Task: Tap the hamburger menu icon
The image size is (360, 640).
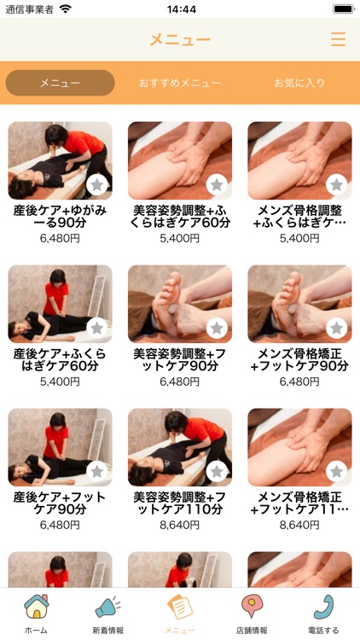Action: pyautogui.click(x=338, y=39)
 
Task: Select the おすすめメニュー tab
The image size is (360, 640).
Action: pyautogui.click(x=180, y=83)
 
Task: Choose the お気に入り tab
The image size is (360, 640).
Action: pyautogui.click(x=299, y=83)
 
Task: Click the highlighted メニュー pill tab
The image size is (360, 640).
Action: pyautogui.click(x=60, y=83)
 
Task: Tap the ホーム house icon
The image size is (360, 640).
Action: pyautogui.click(x=37, y=607)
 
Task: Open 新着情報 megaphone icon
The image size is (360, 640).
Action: pyautogui.click(x=107, y=608)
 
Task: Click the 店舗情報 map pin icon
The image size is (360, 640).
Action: pyautogui.click(x=252, y=606)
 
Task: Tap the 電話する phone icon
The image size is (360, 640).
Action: pyautogui.click(x=323, y=607)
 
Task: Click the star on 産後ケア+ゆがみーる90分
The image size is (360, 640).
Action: pyautogui.click(x=97, y=185)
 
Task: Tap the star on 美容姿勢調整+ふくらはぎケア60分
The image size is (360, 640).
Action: pyautogui.click(x=217, y=185)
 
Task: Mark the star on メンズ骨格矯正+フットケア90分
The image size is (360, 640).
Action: pyautogui.click(x=337, y=329)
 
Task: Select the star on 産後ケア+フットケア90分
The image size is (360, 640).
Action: pyautogui.click(x=97, y=472)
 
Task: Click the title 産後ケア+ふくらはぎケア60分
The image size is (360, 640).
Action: pyautogui.click(x=60, y=359)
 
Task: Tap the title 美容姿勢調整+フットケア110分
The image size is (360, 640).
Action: pyautogui.click(x=180, y=503)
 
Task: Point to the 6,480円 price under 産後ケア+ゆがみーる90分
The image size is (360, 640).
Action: pyautogui.click(x=60, y=238)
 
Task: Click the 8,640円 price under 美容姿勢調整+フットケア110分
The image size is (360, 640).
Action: pyautogui.click(x=180, y=525)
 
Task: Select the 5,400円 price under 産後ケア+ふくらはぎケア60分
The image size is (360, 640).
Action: pyautogui.click(x=60, y=381)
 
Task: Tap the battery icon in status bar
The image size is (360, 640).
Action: pyautogui.click(x=344, y=9)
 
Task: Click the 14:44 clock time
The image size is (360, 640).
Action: pyautogui.click(x=182, y=9)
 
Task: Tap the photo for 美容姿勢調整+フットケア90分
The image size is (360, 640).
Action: pyautogui.click(x=180, y=304)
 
